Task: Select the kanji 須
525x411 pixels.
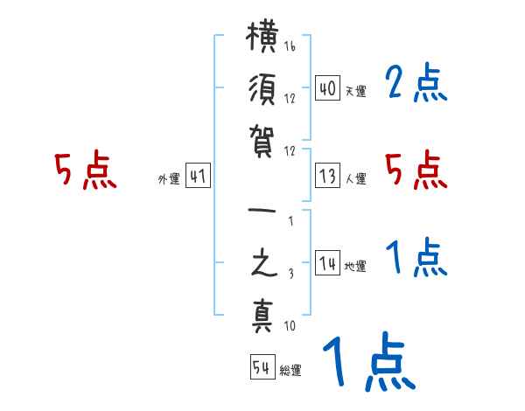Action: coord(263,91)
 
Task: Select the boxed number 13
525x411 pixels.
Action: coord(328,177)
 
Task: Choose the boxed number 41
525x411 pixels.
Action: coord(198,177)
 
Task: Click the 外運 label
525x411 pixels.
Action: coord(169,179)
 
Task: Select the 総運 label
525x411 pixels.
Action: coord(290,371)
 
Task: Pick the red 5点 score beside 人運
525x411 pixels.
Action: coord(416,170)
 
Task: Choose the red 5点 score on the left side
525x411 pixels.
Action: coord(85,171)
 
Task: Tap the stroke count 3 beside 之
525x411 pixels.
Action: coord(290,273)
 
